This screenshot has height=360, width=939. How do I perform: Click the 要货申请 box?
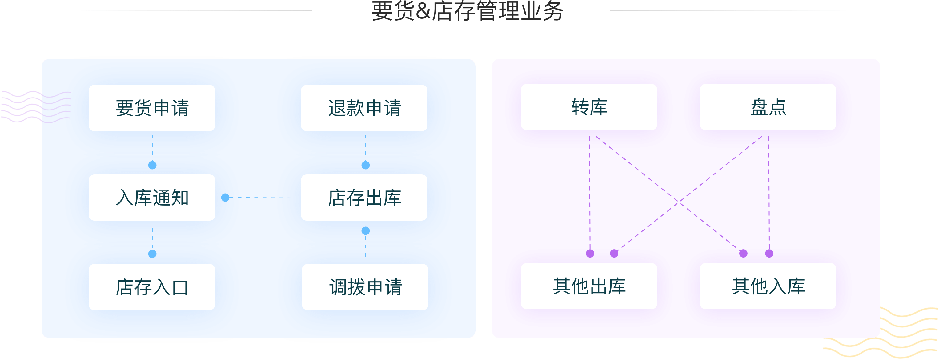(x=152, y=108)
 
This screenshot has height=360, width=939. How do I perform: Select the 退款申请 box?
(x=364, y=108)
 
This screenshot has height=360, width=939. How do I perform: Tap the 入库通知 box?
(x=152, y=198)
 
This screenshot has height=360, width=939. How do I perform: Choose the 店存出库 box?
(x=364, y=198)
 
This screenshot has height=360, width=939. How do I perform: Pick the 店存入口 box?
(x=152, y=287)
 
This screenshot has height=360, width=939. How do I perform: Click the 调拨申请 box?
(x=365, y=287)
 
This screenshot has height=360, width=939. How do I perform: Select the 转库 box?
(x=589, y=107)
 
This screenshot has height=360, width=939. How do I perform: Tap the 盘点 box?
(x=768, y=107)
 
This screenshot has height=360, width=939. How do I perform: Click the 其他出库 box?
(x=589, y=286)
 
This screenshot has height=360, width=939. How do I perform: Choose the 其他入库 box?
(x=768, y=286)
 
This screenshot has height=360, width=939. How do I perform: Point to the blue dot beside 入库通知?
(x=225, y=198)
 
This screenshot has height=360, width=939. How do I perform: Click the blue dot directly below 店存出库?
(x=366, y=231)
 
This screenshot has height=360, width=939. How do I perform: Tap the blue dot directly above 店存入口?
(x=152, y=254)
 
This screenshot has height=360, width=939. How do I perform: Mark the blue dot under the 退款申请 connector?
(x=366, y=165)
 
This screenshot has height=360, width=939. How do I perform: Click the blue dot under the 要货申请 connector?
(x=152, y=165)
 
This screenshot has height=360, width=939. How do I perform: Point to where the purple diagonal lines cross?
(x=678, y=200)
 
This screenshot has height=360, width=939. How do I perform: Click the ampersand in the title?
(x=423, y=11)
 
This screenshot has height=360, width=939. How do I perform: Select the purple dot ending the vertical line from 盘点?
(x=769, y=253)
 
